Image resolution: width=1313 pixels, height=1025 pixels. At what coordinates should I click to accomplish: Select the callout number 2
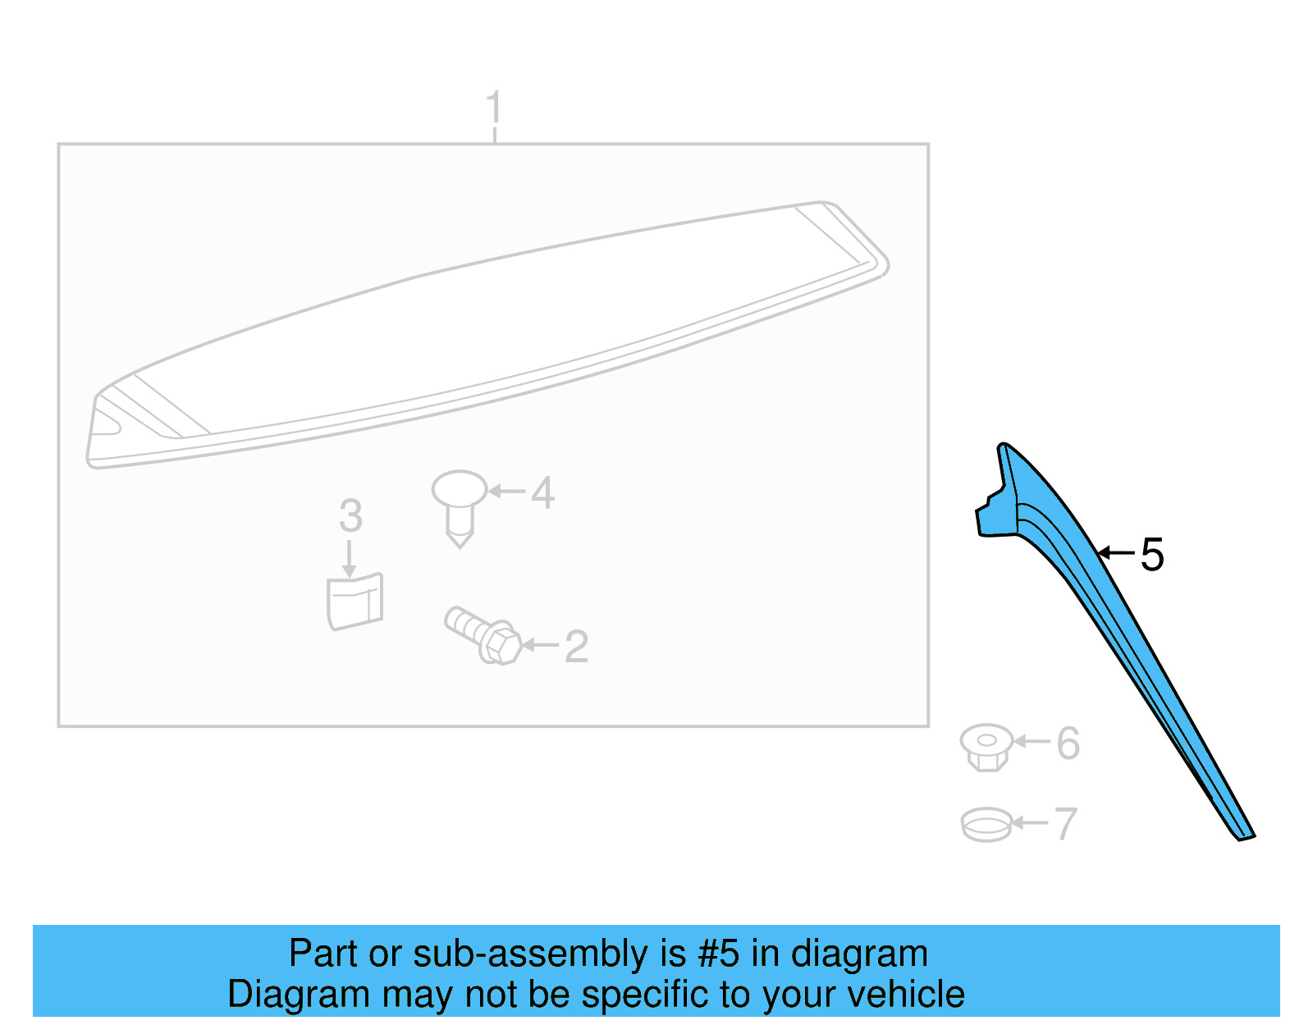[x=576, y=647]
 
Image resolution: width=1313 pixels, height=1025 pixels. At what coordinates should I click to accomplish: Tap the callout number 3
[x=350, y=516]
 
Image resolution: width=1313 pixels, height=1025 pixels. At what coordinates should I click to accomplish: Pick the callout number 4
[x=542, y=492]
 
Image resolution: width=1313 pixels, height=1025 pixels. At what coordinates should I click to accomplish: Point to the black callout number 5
[x=1151, y=555]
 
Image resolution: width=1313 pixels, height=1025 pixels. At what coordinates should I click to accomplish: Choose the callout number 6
[x=1068, y=743]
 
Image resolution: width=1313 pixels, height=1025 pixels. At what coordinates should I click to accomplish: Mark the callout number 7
[x=1066, y=824]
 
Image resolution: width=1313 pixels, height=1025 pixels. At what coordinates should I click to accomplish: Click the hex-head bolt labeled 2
[x=483, y=635]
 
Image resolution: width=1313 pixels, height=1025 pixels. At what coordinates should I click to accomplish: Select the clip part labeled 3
[x=355, y=601]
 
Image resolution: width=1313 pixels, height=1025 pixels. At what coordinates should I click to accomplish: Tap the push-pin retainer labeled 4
[x=460, y=507]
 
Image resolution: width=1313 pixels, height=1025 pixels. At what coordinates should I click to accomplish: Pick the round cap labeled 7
[x=986, y=825]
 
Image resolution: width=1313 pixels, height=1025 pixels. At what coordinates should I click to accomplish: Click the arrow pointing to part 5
[x=1116, y=552]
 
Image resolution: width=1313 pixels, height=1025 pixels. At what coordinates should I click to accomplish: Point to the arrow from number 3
[x=349, y=559]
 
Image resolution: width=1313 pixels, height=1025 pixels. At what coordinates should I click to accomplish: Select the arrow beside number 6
[x=1032, y=740]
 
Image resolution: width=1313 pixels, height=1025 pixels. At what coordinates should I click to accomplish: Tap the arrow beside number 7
[x=1030, y=822]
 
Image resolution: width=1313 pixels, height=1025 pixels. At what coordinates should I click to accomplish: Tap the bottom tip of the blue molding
[x=1240, y=840]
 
